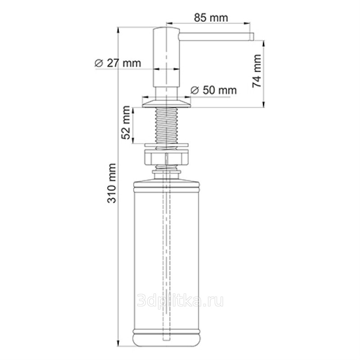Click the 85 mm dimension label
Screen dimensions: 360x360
[211, 18]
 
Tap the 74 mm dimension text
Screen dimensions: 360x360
[257, 71]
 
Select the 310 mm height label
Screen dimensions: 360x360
[112, 183]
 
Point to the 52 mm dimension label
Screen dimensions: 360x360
[126, 122]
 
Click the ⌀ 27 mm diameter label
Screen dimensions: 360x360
[117, 63]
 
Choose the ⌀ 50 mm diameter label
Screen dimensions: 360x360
[213, 90]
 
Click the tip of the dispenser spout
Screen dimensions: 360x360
[252, 37]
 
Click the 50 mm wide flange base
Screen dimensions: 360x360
[166, 103]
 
